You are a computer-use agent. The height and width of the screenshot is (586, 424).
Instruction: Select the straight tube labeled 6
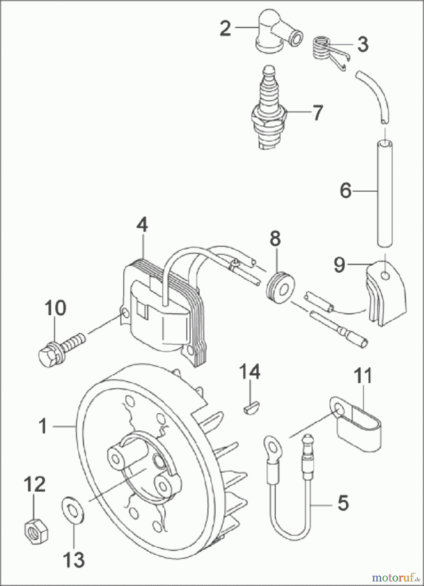tap(385, 192)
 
